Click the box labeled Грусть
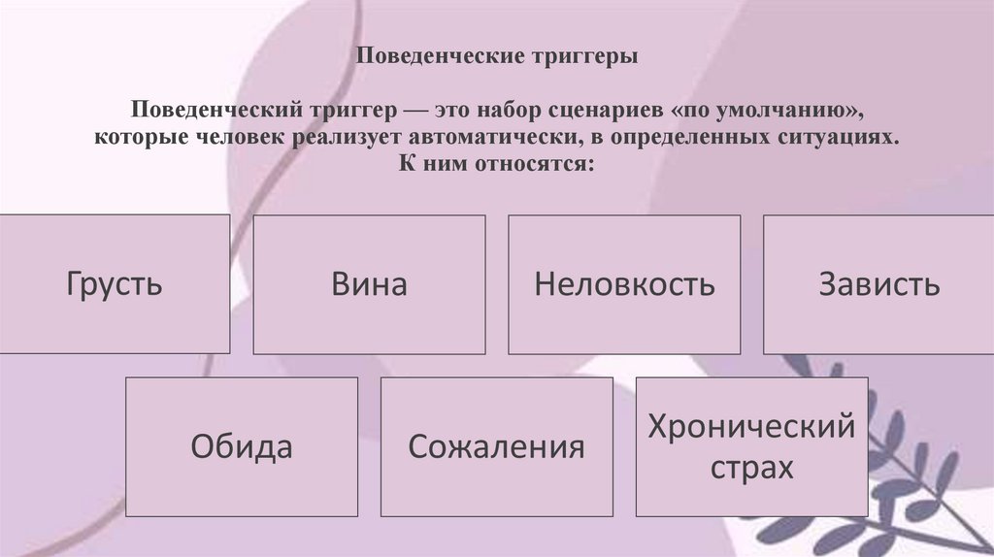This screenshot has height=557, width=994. (115, 284)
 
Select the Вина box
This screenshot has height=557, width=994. (369, 284)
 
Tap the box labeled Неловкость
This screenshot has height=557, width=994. (624, 284)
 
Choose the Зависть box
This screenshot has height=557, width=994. (878, 284)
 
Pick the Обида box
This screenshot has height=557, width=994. (242, 446)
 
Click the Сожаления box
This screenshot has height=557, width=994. (496, 446)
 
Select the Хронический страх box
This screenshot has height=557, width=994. (751, 446)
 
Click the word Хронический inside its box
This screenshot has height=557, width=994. (751, 427)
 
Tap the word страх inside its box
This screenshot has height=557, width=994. (751, 469)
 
